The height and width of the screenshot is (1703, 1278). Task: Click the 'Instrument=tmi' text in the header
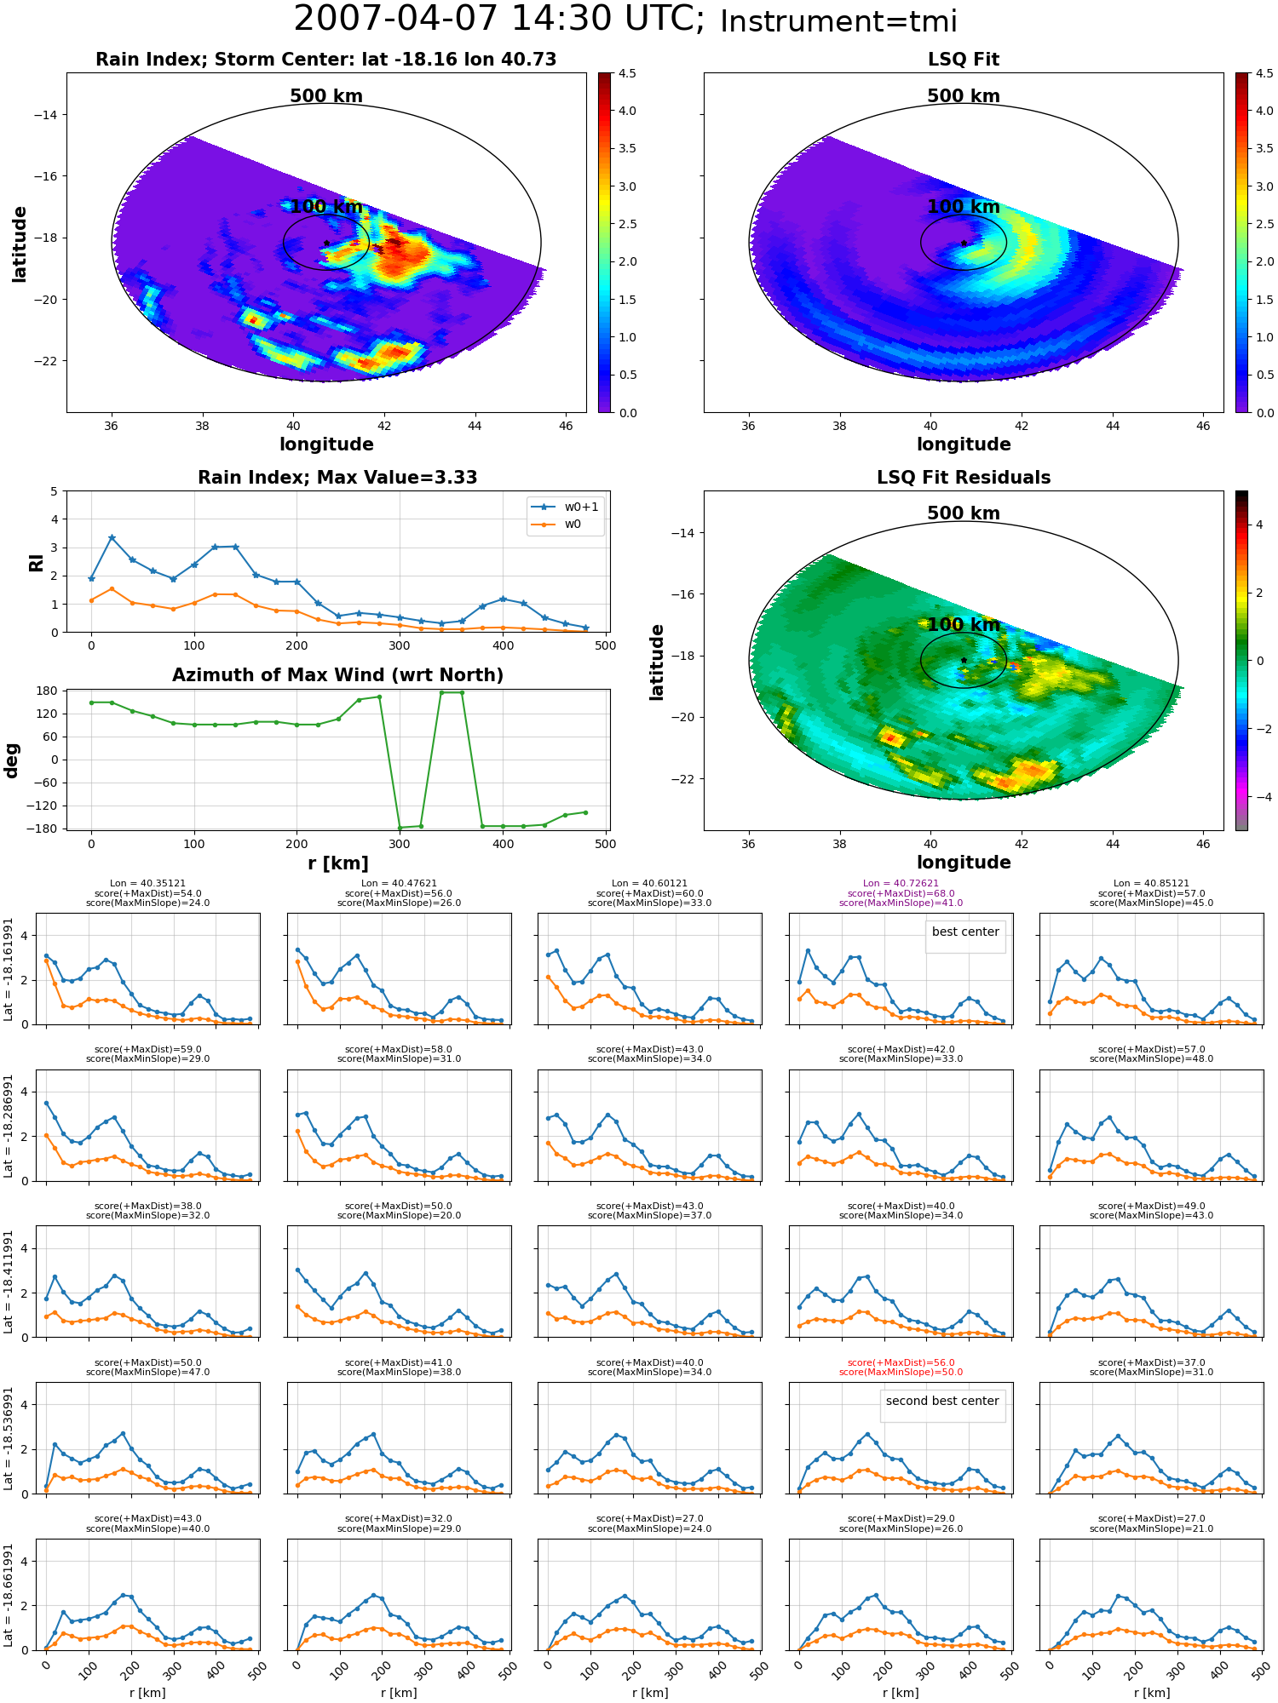pyautogui.click(x=838, y=22)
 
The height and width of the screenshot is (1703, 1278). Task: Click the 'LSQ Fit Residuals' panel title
pyautogui.click(x=964, y=478)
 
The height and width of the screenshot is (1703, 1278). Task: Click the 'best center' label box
pyautogui.click(x=965, y=932)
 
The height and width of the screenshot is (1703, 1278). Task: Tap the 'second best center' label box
pyautogui.click(x=942, y=1402)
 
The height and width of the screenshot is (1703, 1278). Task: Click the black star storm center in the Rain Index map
pyautogui.click(x=326, y=244)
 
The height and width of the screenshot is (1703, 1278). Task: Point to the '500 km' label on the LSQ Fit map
pyautogui.click(x=964, y=96)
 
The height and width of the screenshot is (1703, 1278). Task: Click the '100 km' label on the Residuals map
pyautogui.click(x=964, y=625)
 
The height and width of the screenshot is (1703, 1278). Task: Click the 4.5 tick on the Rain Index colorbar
pyautogui.click(x=627, y=74)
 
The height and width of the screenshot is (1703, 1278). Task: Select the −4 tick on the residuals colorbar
pyautogui.click(x=1259, y=797)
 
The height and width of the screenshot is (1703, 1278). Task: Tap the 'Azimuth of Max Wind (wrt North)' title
pyautogui.click(x=338, y=675)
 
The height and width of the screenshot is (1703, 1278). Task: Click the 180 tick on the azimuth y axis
pyautogui.click(x=48, y=691)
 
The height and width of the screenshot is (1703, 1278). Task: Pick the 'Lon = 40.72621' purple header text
pyautogui.click(x=901, y=884)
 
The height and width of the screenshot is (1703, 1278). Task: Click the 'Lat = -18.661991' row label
pyautogui.click(x=9, y=1596)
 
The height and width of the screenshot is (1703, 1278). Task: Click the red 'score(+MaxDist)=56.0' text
pyautogui.click(x=901, y=1363)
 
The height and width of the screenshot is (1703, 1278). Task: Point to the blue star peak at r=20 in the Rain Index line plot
pyautogui.click(x=112, y=538)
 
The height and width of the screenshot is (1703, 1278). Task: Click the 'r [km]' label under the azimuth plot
pyautogui.click(x=338, y=863)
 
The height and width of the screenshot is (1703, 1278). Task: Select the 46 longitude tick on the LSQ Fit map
pyautogui.click(x=1203, y=426)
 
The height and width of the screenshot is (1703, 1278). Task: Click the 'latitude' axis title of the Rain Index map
pyautogui.click(x=20, y=244)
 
